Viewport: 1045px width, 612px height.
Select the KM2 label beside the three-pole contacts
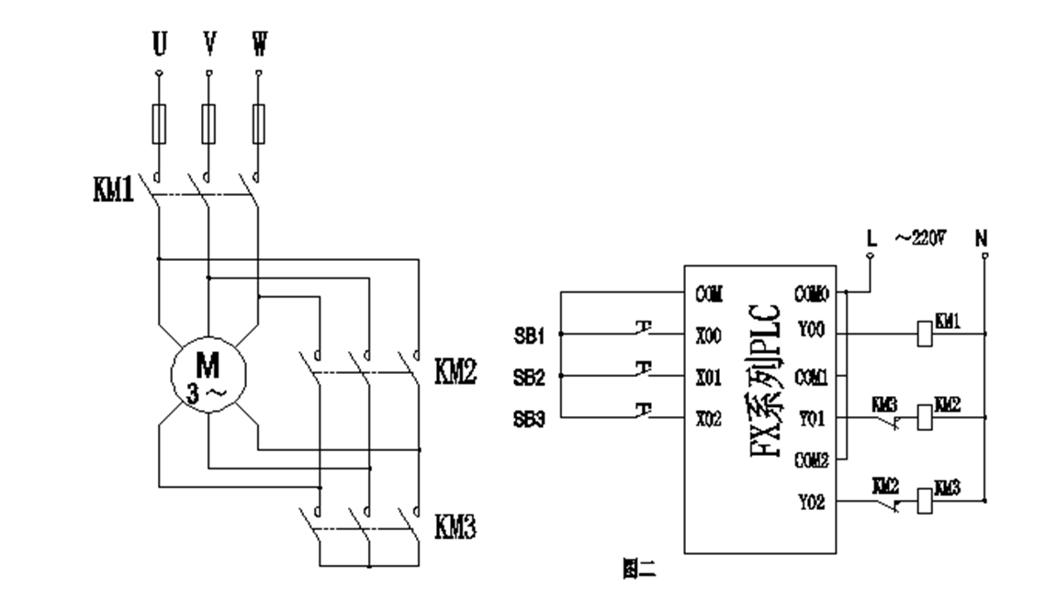coord(454,371)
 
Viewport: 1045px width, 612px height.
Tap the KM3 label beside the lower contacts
coord(454,527)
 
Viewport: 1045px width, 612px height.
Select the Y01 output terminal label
coord(811,419)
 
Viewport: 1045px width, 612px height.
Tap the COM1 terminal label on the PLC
coord(812,377)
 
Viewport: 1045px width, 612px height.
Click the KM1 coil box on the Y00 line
coord(925,333)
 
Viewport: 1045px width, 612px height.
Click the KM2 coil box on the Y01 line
coord(925,418)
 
